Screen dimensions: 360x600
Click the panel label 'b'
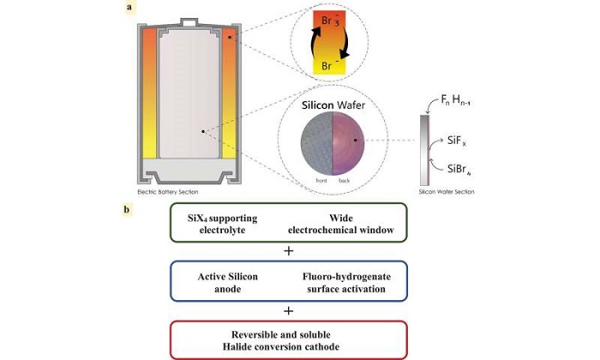pyautogui.click(x=129, y=209)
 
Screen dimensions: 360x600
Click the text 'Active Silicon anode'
pyautogui.click(x=225, y=283)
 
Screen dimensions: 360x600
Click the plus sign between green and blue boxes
pyautogui.click(x=288, y=251)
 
